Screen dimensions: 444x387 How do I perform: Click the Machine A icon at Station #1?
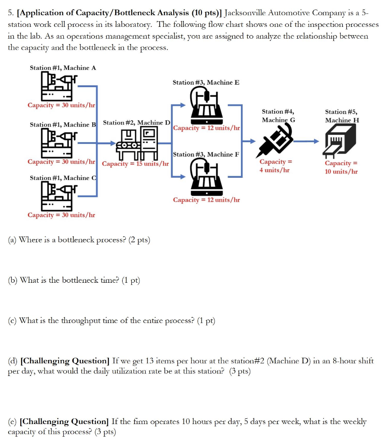[59, 86]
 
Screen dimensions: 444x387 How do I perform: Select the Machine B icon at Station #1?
[59, 143]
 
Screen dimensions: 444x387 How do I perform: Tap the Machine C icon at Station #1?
[59, 196]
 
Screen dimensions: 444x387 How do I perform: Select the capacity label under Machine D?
[135, 164]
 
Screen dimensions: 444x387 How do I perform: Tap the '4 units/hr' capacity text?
[274, 170]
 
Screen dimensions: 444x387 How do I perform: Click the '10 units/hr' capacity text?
[341, 171]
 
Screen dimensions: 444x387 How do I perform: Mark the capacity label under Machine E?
[206, 128]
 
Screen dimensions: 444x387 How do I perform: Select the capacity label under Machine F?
[206, 200]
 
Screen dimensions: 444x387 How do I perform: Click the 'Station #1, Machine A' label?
[63, 68]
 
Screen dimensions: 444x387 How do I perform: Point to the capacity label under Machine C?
[61, 215]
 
